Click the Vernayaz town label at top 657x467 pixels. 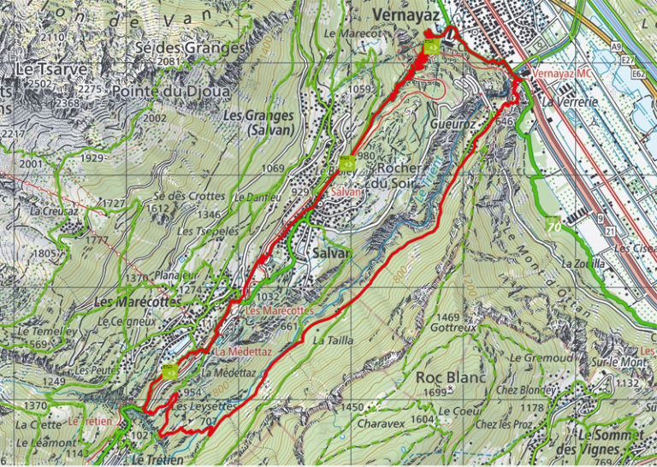click(x=405, y=15)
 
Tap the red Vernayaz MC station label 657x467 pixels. click(x=561, y=75)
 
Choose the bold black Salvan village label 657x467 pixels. click(x=331, y=254)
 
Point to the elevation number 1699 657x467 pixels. click(x=436, y=393)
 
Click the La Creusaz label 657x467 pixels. click(x=53, y=210)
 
